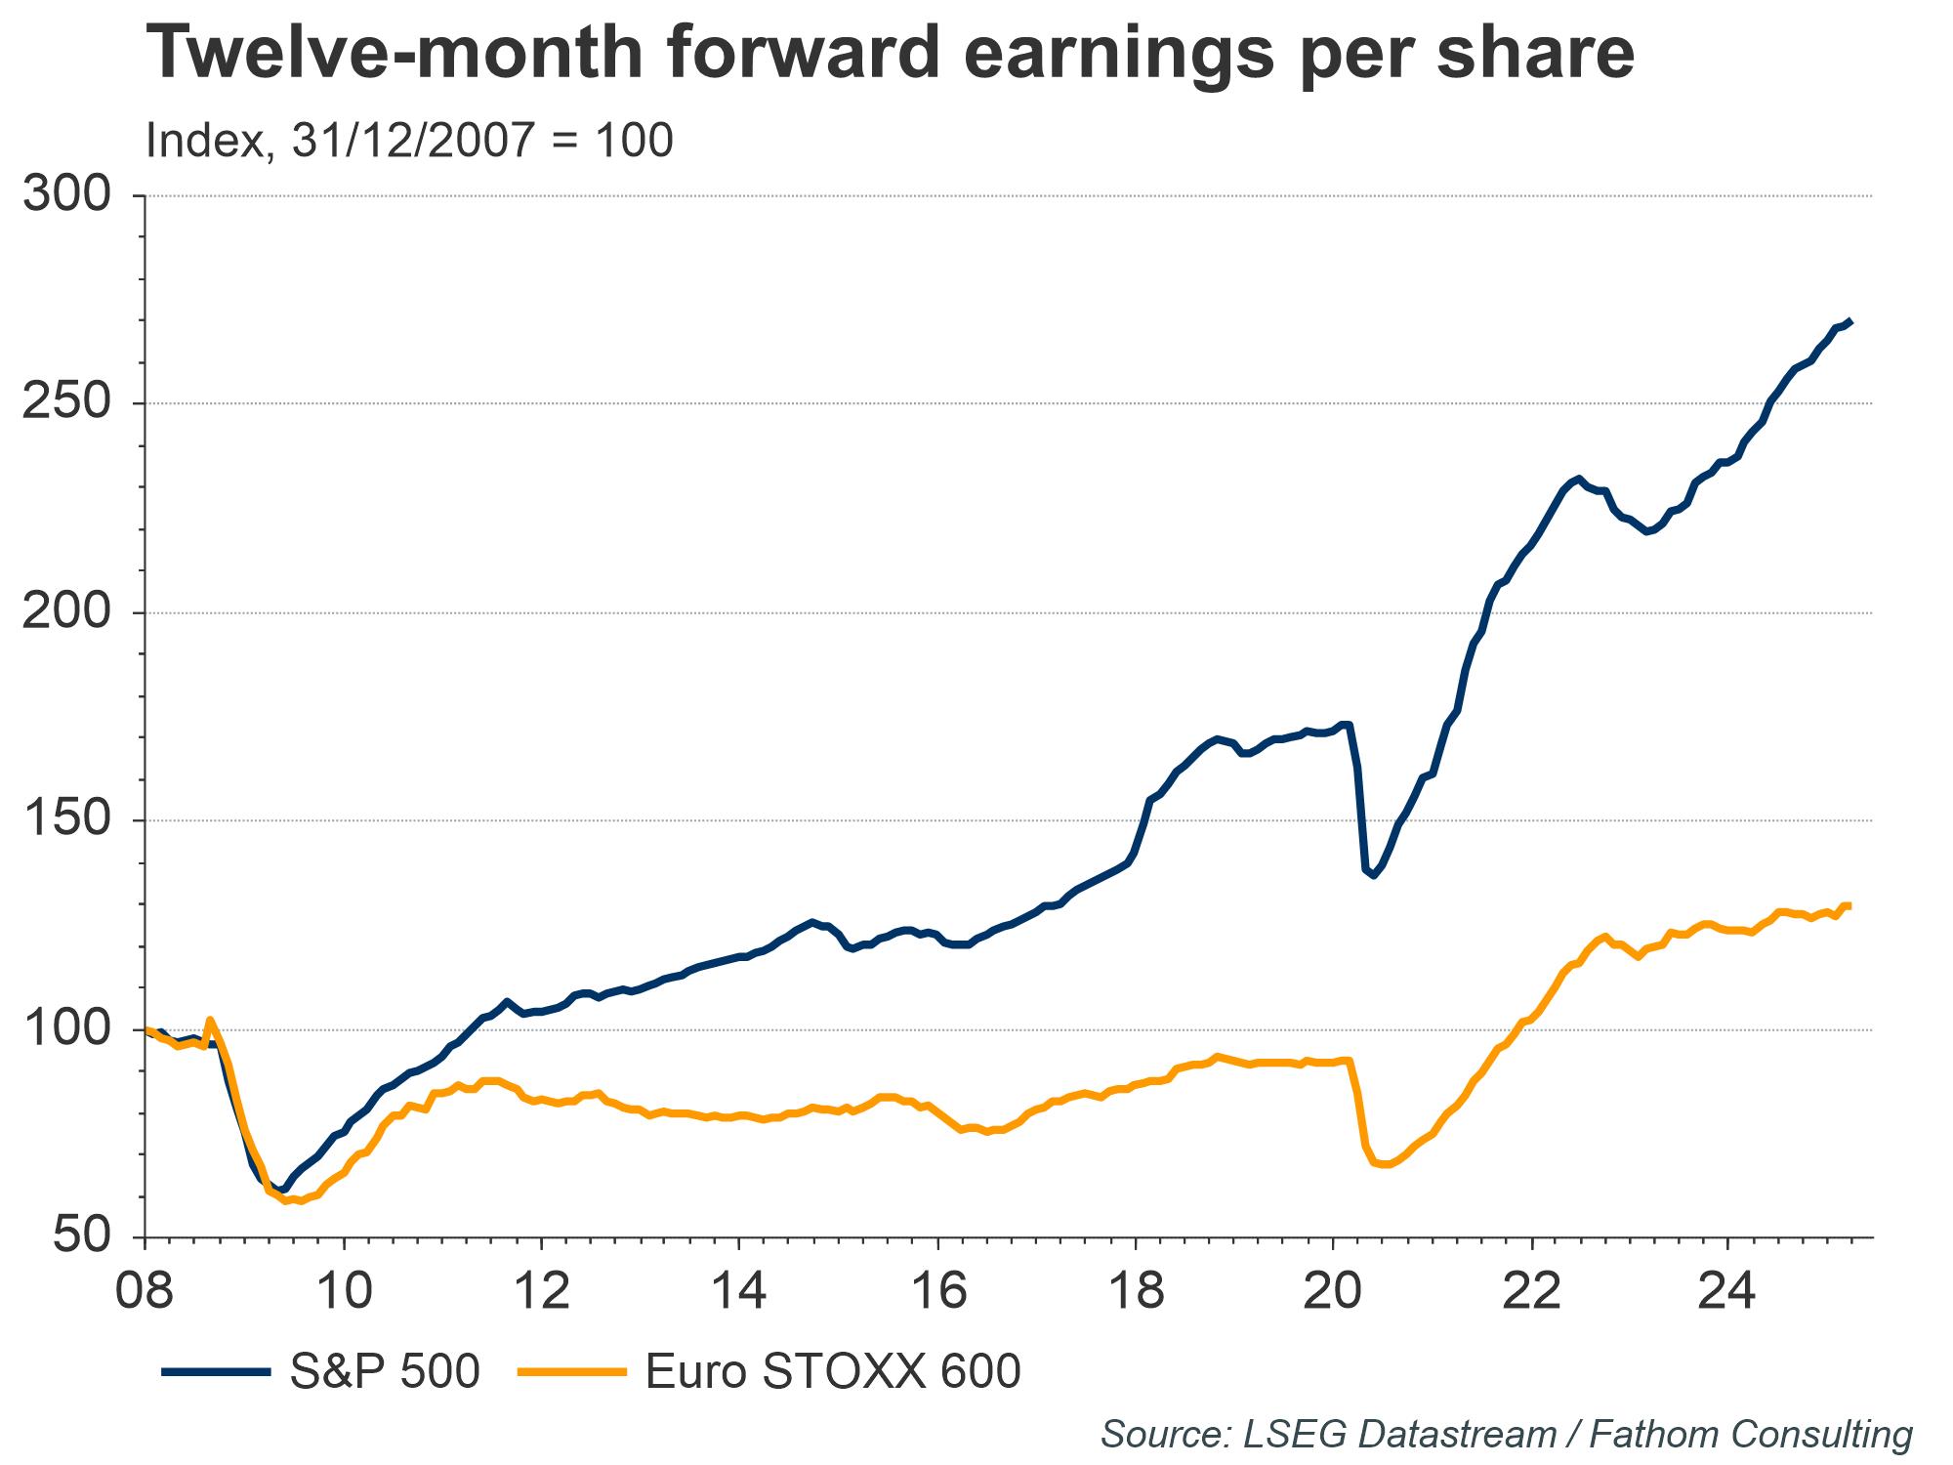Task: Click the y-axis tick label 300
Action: [67, 195]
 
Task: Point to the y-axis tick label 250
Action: [67, 403]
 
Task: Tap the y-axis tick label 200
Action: [67, 612]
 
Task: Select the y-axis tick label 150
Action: [67, 820]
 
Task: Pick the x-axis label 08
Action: [145, 1292]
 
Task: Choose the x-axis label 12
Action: [541, 1292]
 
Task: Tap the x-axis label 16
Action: [937, 1292]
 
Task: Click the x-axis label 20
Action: [1333, 1292]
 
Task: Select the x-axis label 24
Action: [1728, 1292]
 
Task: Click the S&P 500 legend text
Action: [385, 1371]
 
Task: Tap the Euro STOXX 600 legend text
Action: [833, 1371]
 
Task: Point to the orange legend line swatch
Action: [571, 1372]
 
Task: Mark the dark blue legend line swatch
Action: [216, 1372]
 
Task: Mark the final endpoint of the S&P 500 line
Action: [1851, 349]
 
